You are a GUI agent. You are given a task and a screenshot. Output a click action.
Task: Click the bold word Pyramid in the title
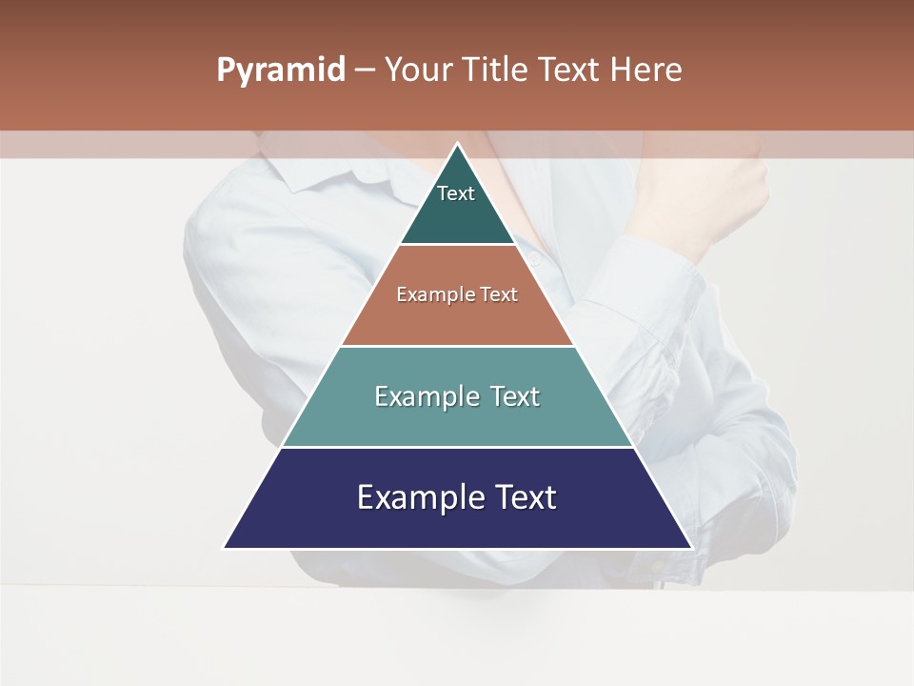tap(281, 71)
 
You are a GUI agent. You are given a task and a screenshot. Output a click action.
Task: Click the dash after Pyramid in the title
tap(364, 71)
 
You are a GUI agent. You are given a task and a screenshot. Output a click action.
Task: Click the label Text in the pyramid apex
tap(456, 193)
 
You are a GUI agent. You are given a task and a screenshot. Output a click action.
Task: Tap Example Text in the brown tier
tap(457, 294)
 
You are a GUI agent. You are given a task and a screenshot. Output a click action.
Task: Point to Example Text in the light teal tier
tap(457, 396)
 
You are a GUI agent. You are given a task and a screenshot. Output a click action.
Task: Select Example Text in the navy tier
tap(457, 497)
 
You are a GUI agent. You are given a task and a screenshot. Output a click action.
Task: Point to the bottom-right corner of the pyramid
tap(689, 547)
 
